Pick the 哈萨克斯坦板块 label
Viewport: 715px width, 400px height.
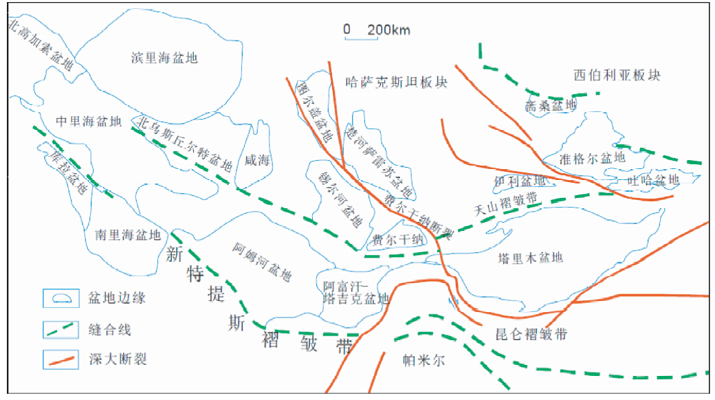point(395,83)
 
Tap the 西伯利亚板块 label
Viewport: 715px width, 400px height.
point(616,75)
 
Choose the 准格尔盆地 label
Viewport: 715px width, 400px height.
point(593,157)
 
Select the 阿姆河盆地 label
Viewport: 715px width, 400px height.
point(261,263)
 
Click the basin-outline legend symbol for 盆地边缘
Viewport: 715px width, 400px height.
point(59,299)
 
